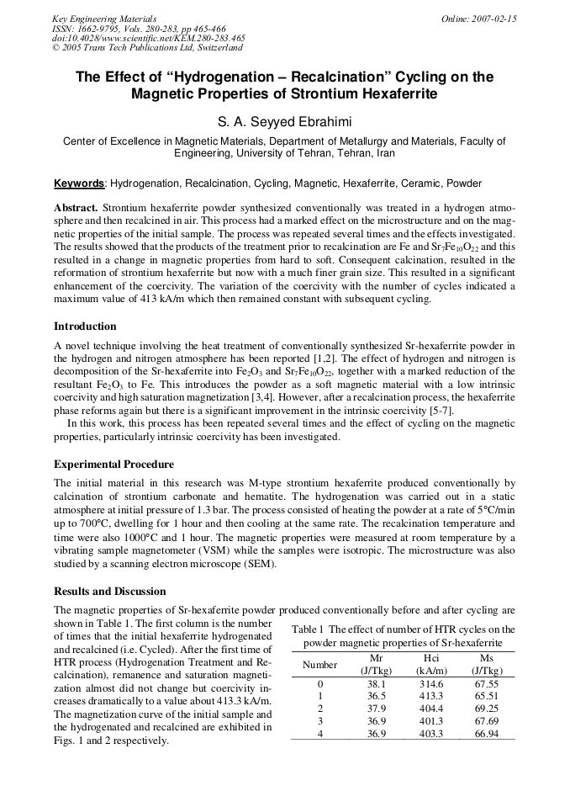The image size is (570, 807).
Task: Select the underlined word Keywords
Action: (x=79, y=183)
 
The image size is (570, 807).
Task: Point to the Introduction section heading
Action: (x=85, y=327)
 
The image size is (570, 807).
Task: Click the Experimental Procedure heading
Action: (x=113, y=465)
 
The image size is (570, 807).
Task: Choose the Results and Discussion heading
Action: (x=109, y=592)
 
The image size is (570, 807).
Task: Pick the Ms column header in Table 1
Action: (x=486, y=658)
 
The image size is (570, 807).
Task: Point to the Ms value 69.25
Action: (x=486, y=709)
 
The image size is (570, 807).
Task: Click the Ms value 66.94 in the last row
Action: (x=486, y=734)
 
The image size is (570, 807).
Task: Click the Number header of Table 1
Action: (x=319, y=665)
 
